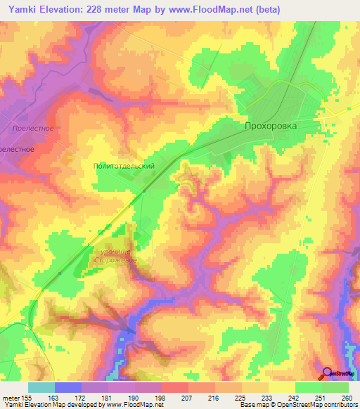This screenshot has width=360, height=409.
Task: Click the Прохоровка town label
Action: tap(270, 126)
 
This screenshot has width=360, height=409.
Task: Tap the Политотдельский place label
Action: tap(124, 166)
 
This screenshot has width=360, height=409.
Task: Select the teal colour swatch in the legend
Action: tap(41, 387)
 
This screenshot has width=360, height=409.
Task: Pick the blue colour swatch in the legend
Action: tap(67, 387)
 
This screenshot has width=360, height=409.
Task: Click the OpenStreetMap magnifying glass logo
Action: tap(328, 374)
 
